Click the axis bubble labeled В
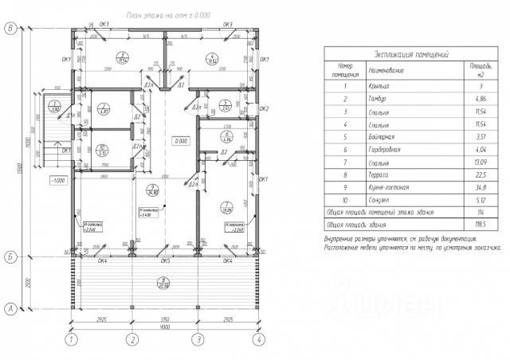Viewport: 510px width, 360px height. [x=10, y=28]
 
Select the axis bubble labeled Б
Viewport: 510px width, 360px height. [x=10, y=256]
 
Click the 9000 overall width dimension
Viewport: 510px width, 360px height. [x=165, y=326]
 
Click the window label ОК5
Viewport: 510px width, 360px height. [x=166, y=260]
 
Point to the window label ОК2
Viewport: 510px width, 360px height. [x=265, y=109]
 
